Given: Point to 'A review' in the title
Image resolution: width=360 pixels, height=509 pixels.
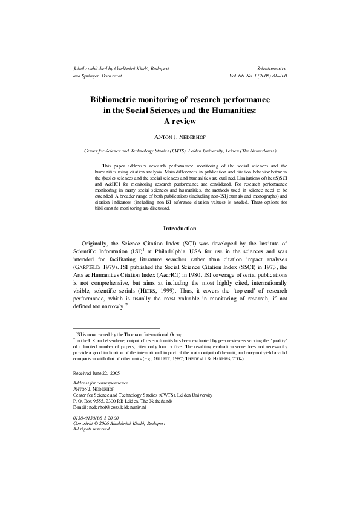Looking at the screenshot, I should pos(180,120).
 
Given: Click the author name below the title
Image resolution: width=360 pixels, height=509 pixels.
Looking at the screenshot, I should pos(180,137).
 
